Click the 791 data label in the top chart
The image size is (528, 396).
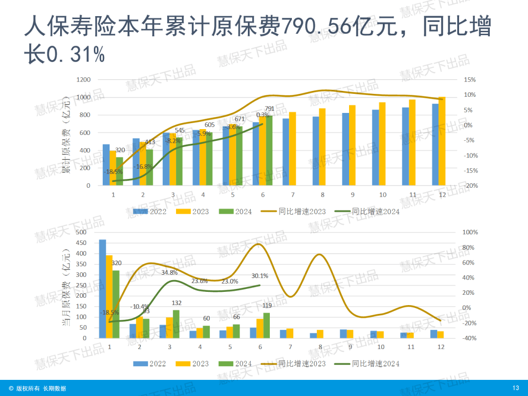point(269,109)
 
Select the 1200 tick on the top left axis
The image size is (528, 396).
point(84,80)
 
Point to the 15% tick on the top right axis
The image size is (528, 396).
point(470,80)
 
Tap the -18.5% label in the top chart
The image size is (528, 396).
point(113,172)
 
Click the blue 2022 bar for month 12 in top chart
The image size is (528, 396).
point(435,145)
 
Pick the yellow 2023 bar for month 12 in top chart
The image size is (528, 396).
point(442,141)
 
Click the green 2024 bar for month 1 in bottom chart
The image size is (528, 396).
point(116,304)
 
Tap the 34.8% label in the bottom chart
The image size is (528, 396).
point(169,272)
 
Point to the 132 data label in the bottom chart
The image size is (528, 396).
point(177,303)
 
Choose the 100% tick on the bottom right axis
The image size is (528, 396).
point(470,233)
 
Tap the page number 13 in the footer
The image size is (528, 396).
point(515,388)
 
